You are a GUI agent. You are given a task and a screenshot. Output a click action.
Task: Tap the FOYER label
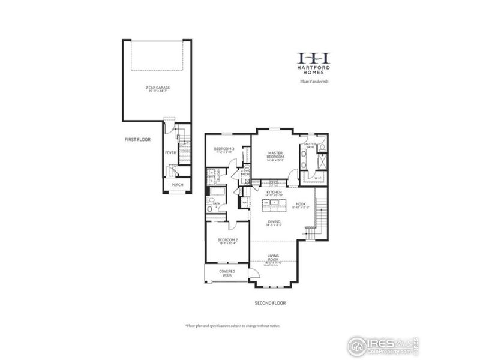171,153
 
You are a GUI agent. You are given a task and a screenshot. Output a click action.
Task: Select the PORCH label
177,185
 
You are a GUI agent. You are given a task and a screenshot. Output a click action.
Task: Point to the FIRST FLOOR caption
138,139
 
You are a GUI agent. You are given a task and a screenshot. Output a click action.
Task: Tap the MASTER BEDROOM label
275,155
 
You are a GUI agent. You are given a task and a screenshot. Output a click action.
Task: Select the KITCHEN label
274,193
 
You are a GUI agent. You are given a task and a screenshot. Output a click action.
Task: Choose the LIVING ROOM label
274,259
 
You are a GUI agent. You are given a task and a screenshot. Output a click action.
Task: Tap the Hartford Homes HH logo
314,58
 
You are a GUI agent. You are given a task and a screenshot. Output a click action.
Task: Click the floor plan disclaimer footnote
233,325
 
